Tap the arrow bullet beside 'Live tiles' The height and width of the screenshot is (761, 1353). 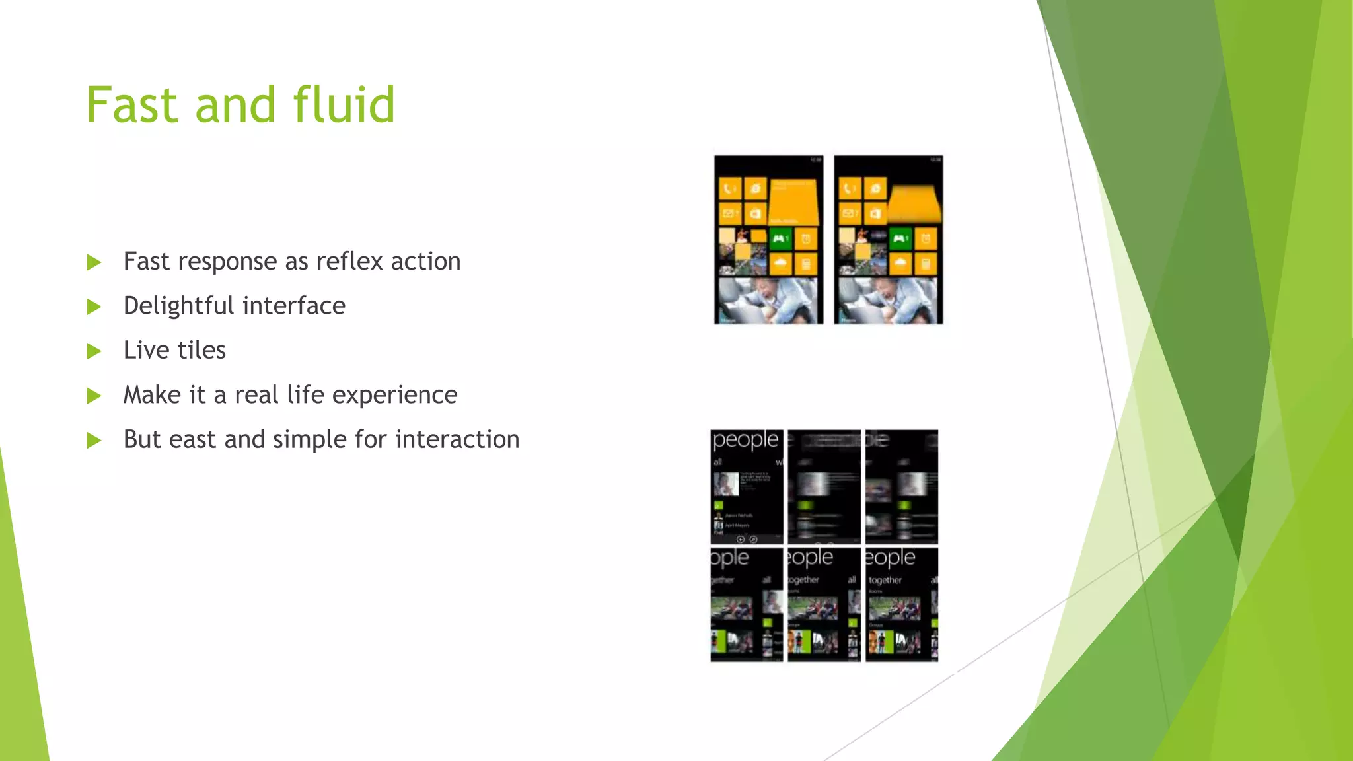pos(94,351)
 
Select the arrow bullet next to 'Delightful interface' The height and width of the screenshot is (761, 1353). pos(94,307)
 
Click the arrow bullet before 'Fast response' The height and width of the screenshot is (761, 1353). pos(94,262)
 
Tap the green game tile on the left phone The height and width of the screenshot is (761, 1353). pos(780,238)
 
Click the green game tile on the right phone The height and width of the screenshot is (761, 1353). pos(900,238)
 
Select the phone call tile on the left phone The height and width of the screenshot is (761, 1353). pos(729,190)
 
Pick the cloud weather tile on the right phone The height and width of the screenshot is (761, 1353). pos(900,264)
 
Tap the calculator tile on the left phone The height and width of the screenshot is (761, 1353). pos(806,264)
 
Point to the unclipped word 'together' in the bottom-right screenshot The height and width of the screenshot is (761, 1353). pos(885,580)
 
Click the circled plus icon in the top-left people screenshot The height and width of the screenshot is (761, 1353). pos(741,540)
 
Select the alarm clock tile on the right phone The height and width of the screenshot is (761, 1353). pos(926,238)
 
